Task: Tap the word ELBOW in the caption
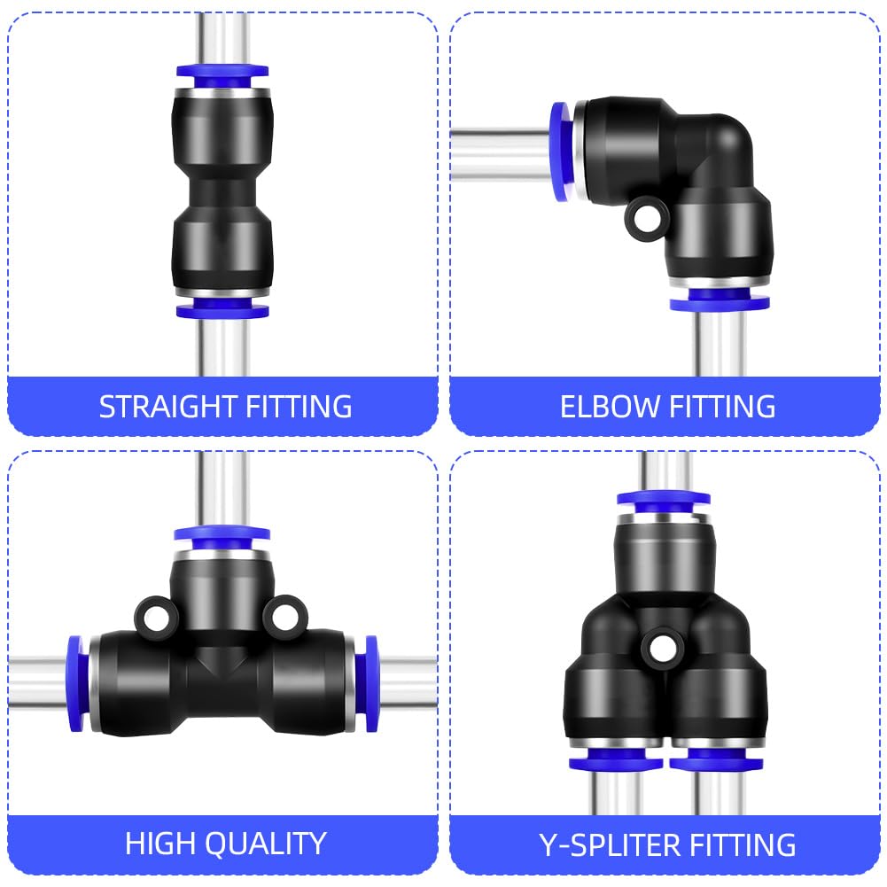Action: coord(610,407)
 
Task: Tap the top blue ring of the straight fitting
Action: coord(222,76)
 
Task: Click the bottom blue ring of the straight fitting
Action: coord(222,309)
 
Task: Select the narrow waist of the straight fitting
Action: coord(222,193)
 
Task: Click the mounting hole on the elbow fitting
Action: coord(647,218)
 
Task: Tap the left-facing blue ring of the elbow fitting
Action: coord(562,152)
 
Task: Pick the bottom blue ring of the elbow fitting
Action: coord(720,300)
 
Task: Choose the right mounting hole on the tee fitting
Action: coord(285,617)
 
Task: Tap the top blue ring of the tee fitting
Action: coord(222,538)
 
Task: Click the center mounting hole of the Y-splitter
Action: coord(662,649)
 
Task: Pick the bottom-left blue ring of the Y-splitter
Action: coord(616,759)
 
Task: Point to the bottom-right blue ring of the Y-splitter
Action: coord(716,759)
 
